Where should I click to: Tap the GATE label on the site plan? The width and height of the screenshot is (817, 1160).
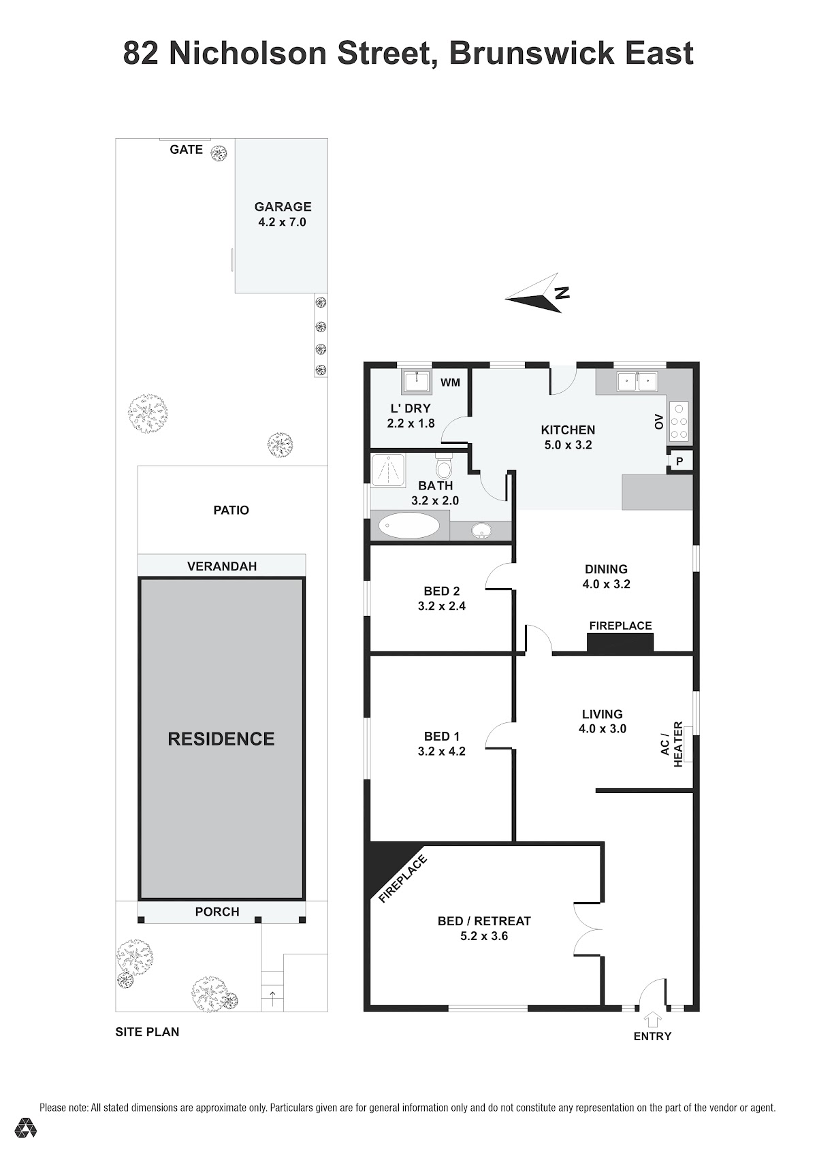pyautogui.click(x=186, y=150)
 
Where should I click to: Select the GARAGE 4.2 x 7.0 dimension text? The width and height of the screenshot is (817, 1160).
pyautogui.click(x=283, y=222)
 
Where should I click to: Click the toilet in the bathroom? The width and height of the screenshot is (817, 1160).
pyautogui.click(x=443, y=467)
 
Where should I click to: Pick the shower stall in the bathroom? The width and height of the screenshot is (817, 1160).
pyautogui.click(x=388, y=470)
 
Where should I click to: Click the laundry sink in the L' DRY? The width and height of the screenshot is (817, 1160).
pyautogui.click(x=416, y=382)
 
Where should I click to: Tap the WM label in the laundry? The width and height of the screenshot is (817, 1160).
pyautogui.click(x=450, y=383)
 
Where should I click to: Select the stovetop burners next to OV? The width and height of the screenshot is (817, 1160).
pyautogui.click(x=679, y=421)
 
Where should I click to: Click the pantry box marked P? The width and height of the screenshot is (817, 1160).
pyautogui.click(x=679, y=461)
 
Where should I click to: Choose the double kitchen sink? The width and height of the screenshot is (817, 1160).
pyautogui.click(x=637, y=382)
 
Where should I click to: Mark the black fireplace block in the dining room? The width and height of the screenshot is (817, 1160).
pyautogui.click(x=620, y=642)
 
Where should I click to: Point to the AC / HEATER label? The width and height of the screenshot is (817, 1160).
pyautogui.click(x=671, y=745)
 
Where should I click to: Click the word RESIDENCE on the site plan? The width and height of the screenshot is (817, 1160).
pyautogui.click(x=221, y=739)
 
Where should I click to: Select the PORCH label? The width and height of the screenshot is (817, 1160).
pyautogui.click(x=217, y=912)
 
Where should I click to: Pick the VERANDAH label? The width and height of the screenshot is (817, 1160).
pyautogui.click(x=222, y=566)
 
